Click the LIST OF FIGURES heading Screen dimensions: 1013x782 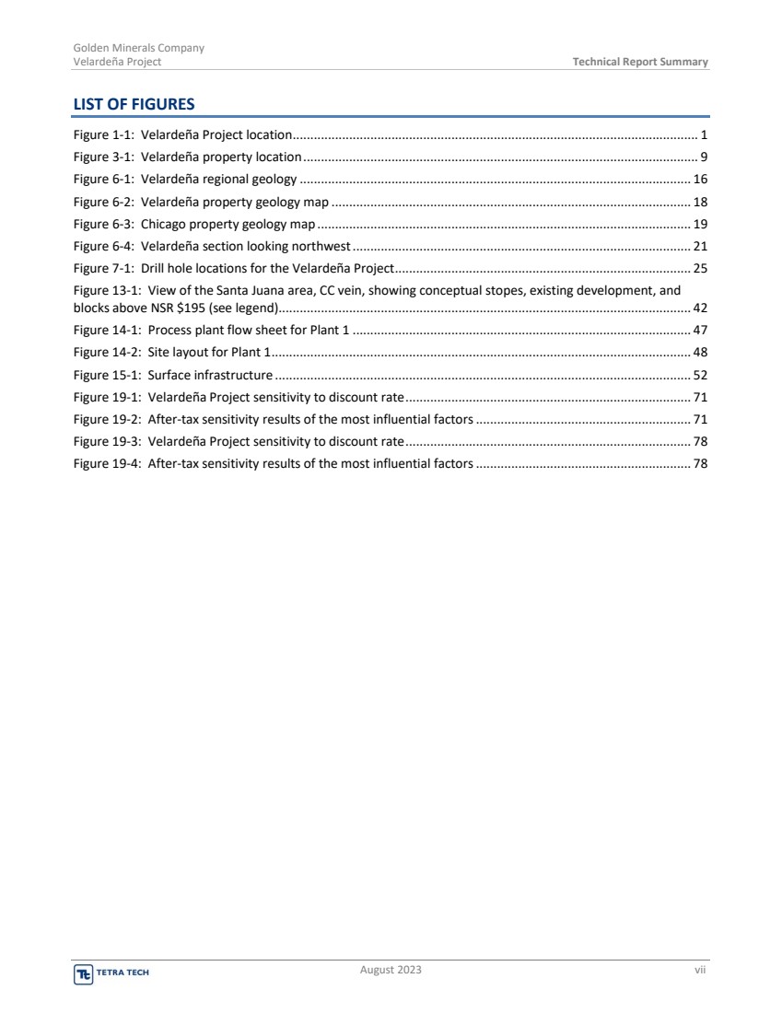[134, 104]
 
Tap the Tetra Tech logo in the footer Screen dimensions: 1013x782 [104, 972]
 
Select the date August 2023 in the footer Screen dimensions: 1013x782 [391, 970]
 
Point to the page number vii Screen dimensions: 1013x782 [701, 970]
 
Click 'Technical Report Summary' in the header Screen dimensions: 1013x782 [640, 62]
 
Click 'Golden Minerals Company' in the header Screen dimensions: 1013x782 [138, 48]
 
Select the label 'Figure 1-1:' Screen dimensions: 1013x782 [103, 135]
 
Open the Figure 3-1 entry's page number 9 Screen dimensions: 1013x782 [704, 157]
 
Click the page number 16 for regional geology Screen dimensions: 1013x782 [700, 180]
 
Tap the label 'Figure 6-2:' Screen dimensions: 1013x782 [103, 202]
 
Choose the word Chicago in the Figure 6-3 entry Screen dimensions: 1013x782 [161, 224]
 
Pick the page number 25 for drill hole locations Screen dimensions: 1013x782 [700, 268]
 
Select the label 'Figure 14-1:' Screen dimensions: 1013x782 [107, 330]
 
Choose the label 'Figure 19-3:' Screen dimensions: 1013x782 [107, 441]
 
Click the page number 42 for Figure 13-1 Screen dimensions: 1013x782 [700, 308]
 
